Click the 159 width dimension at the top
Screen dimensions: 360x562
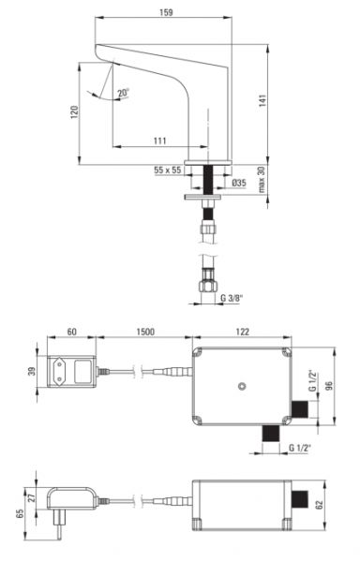[x=166, y=12]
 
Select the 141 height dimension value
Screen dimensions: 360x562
[x=262, y=101]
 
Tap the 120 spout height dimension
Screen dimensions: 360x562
[x=75, y=112]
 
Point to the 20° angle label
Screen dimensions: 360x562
[x=124, y=93]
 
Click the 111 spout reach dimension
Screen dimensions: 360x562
[x=160, y=140]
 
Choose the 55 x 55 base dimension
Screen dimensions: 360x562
[x=168, y=170]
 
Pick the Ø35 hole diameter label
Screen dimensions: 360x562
[x=239, y=183]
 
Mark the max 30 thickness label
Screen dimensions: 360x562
[x=262, y=179]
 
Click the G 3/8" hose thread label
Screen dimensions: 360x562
[x=232, y=298]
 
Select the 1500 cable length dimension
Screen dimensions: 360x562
[x=145, y=332]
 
